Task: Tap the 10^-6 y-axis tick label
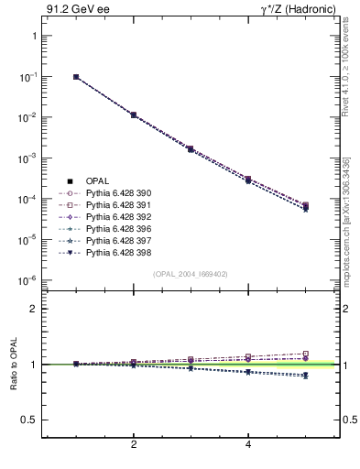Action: coord(27,280)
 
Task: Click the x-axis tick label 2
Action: coord(134,445)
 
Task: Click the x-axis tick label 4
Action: coord(248,445)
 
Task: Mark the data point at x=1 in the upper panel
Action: coord(76,77)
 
